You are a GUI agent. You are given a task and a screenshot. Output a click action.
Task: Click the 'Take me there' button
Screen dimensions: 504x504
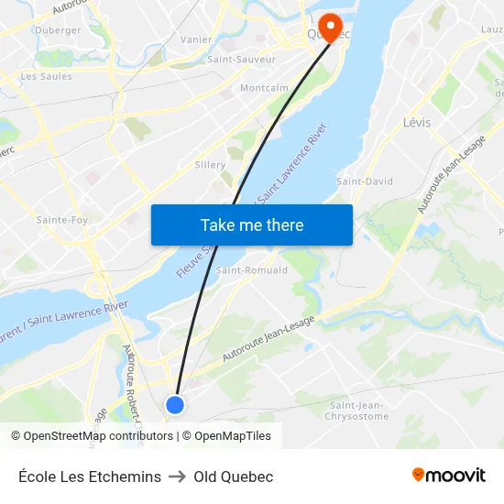tap(252, 225)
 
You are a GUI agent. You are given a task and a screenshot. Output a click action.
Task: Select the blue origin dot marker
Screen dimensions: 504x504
tap(175, 404)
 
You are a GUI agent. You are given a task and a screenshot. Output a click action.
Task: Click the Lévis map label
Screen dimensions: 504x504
tap(416, 122)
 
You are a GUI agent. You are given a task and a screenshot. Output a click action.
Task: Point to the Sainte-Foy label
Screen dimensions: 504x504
tap(62, 220)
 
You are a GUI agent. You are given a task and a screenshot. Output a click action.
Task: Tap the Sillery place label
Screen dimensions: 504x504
tap(210, 165)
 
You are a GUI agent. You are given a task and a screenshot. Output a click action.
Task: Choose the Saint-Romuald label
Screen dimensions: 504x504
tap(252, 270)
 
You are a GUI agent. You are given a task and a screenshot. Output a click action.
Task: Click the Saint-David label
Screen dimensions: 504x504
tap(365, 181)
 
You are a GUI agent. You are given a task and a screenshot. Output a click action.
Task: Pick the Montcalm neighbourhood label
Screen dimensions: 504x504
tap(264, 88)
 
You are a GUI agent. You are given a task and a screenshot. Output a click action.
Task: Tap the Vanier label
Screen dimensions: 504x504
tap(197, 39)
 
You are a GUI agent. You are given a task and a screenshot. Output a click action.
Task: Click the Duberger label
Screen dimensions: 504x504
tap(58, 30)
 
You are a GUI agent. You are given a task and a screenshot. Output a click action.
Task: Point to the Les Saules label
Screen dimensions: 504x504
tap(46, 77)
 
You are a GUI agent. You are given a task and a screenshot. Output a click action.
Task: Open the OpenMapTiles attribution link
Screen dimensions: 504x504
tap(233, 436)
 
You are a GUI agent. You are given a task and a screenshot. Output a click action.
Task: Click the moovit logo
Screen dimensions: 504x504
tap(448, 476)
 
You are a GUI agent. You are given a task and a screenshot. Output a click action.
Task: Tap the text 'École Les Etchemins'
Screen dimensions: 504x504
tap(90, 477)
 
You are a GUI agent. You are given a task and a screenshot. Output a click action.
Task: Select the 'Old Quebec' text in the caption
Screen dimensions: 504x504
tap(234, 477)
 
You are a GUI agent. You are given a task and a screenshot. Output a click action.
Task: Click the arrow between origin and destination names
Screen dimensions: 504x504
tap(177, 477)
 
